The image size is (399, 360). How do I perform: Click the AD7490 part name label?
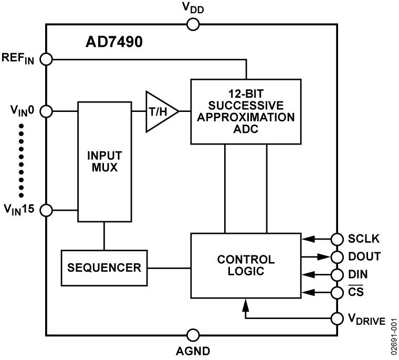point(114,42)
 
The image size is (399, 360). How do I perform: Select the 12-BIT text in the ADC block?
point(245,95)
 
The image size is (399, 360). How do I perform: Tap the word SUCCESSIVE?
point(245,106)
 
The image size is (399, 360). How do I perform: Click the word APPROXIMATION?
point(245,117)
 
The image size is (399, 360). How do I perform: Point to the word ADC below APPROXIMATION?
point(245,128)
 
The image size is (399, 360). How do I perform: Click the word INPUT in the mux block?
point(104,156)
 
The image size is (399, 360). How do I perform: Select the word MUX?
point(104,168)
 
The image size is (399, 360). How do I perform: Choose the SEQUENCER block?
point(104,268)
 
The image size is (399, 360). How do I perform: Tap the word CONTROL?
point(245,260)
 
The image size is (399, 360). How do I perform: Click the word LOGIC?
point(245,271)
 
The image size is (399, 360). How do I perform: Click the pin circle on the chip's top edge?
point(193,25)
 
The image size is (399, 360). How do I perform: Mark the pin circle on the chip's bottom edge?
point(193,334)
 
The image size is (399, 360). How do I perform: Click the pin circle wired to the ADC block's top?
point(47,59)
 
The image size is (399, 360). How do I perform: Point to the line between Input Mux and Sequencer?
point(104,235)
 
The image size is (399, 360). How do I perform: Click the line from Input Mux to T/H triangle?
point(139,111)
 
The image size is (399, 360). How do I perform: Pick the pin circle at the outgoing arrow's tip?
point(337,257)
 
